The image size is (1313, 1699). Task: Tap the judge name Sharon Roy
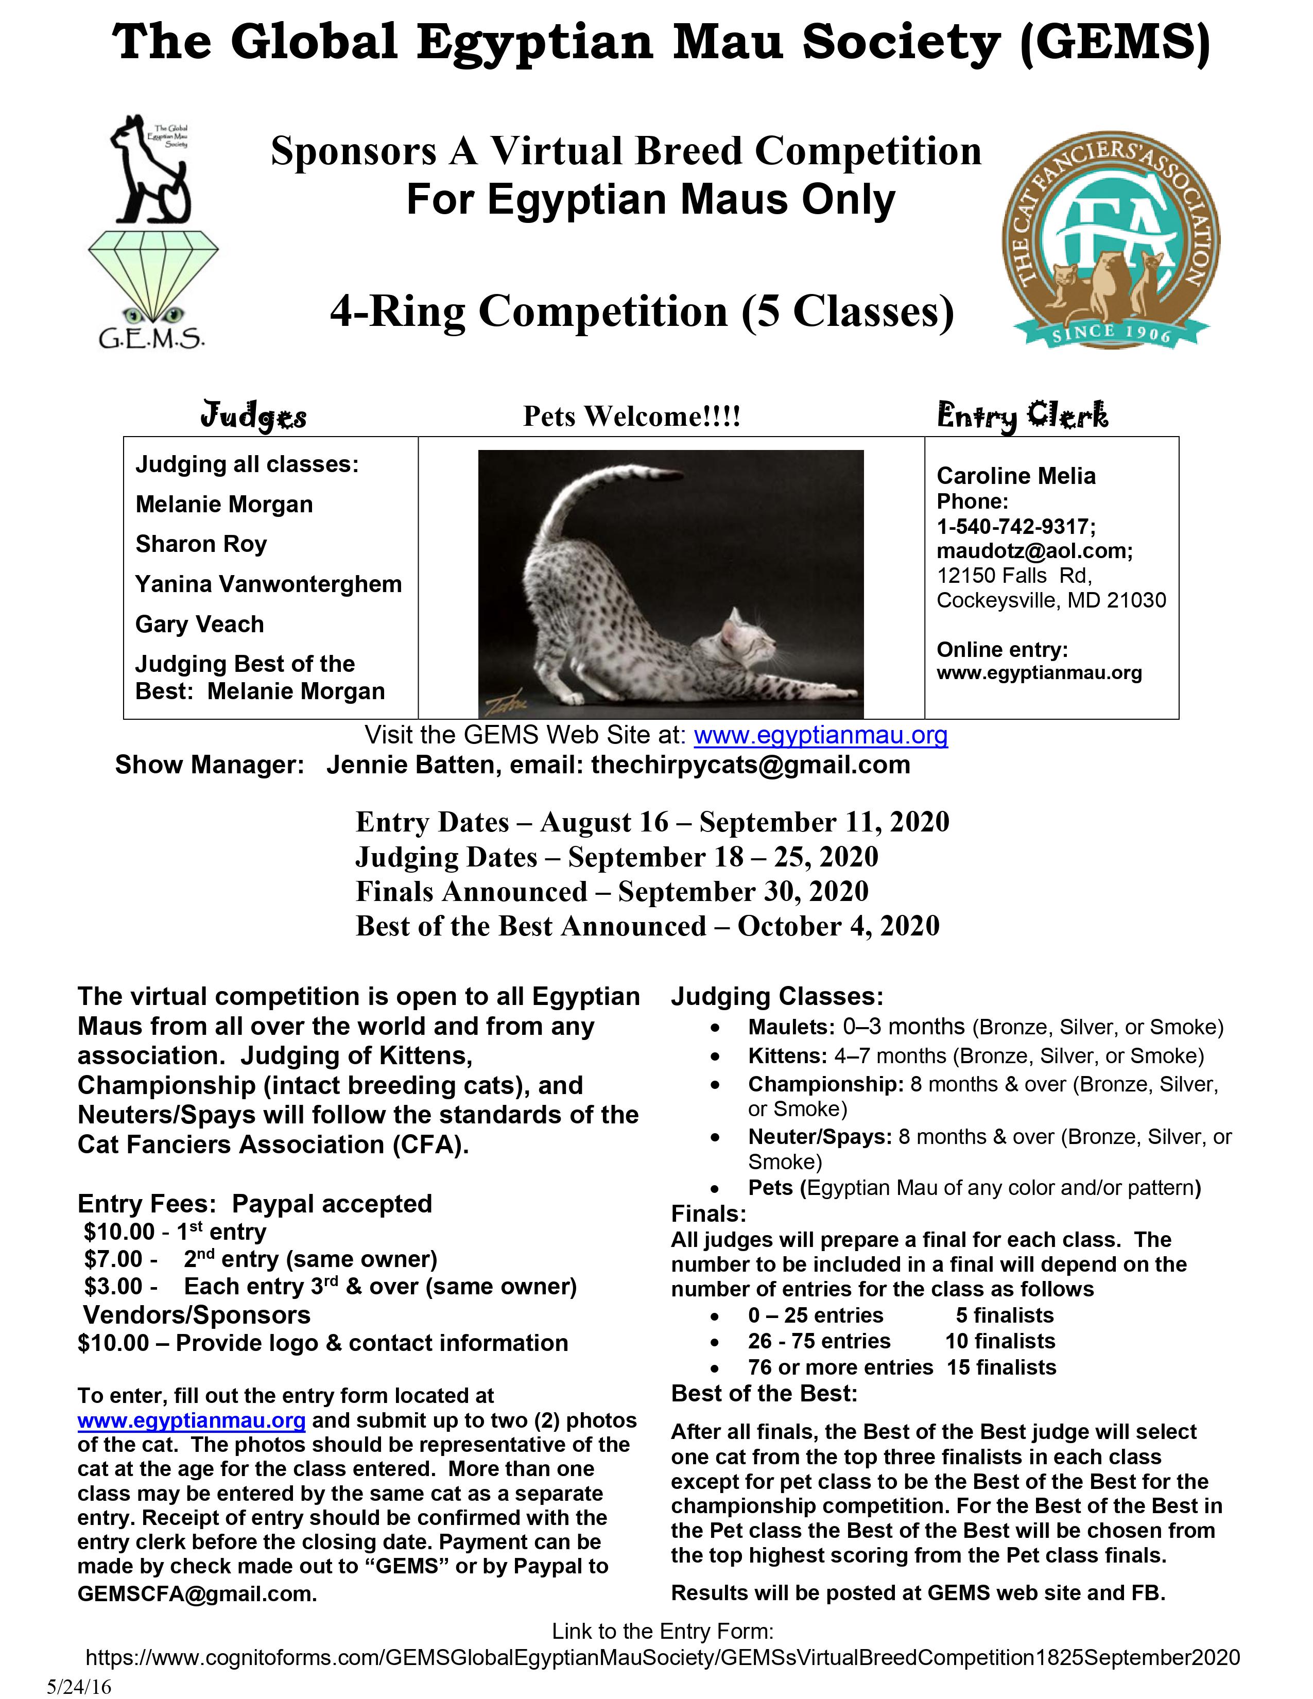(201, 544)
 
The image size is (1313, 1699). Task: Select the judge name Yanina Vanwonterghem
(268, 584)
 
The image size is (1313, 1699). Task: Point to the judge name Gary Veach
(199, 624)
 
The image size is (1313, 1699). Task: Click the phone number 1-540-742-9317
(1015, 527)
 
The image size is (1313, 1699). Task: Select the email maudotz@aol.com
(1034, 551)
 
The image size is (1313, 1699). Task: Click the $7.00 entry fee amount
(114, 1259)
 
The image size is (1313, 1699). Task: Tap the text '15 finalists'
(1001, 1367)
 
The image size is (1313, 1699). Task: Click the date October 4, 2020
(838, 926)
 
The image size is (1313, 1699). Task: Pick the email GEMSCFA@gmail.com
(196, 1594)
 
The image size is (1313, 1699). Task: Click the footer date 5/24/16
(79, 1686)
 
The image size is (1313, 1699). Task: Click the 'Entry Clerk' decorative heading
(1022, 416)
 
